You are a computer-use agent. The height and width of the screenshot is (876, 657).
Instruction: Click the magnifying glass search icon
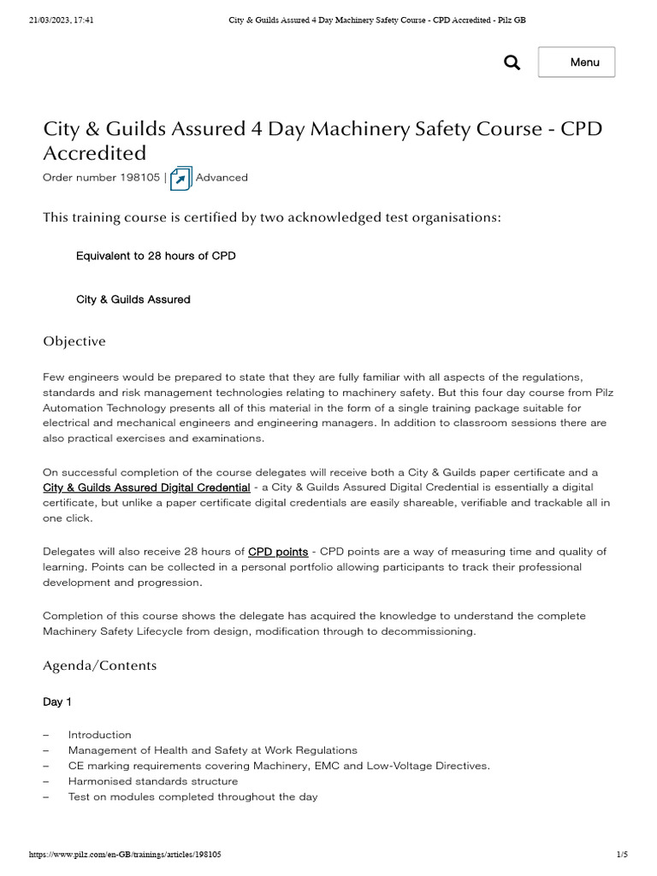[512, 62]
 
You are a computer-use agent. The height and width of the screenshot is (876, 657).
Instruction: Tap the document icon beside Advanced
[181, 178]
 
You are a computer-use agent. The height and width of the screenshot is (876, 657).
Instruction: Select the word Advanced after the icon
[222, 178]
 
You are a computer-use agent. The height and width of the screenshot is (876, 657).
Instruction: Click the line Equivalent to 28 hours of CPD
[156, 256]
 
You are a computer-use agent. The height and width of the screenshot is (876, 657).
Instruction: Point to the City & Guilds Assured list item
[133, 299]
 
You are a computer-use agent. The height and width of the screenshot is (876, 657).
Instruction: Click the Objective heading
[74, 341]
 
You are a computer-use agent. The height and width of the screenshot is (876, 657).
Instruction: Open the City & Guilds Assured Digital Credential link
[146, 487]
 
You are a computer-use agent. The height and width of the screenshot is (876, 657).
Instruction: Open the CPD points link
[278, 552]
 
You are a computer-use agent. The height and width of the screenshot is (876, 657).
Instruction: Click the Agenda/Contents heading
[100, 665]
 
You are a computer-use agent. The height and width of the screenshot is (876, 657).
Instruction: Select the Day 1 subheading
[57, 701]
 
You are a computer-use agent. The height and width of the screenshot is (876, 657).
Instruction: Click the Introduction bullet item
[100, 735]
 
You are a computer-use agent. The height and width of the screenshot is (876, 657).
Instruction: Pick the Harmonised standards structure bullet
[153, 781]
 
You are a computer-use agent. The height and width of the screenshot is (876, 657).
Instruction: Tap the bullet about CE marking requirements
[279, 766]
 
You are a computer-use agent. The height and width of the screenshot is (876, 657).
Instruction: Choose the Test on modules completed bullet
[192, 796]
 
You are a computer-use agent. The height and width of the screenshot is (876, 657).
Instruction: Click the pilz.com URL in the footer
[126, 855]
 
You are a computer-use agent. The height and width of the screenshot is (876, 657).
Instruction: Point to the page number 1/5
[622, 855]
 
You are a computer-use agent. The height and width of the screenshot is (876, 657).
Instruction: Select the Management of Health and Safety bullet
[213, 750]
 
